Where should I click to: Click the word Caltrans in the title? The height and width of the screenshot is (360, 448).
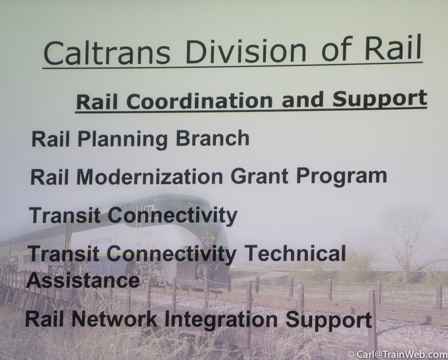pyautogui.click(x=107, y=53)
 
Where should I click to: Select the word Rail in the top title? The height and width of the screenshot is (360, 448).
pyautogui.click(x=393, y=47)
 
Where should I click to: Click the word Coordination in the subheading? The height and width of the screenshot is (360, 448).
pyautogui.click(x=199, y=101)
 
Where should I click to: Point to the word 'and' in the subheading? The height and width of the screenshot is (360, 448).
pyautogui.click(x=302, y=99)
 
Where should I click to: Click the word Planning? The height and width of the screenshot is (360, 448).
pyautogui.click(x=123, y=139)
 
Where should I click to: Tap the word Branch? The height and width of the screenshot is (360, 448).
pyautogui.click(x=213, y=138)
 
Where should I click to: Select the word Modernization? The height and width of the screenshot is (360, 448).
pyautogui.click(x=150, y=176)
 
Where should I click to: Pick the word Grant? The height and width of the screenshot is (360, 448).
pyautogui.click(x=259, y=176)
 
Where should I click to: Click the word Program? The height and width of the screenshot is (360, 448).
pyautogui.click(x=342, y=176)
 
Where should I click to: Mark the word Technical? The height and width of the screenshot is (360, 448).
pyautogui.click(x=296, y=253)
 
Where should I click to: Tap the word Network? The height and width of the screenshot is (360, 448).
pyautogui.click(x=114, y=319)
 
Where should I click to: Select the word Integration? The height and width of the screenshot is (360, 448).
pyautogui.click(x=221, y=320)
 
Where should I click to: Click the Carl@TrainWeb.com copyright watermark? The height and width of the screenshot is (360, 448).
pyautogui.click(x=397, y=354)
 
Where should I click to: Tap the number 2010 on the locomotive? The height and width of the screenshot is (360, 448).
pyautogui.click(x=148, y=233)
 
